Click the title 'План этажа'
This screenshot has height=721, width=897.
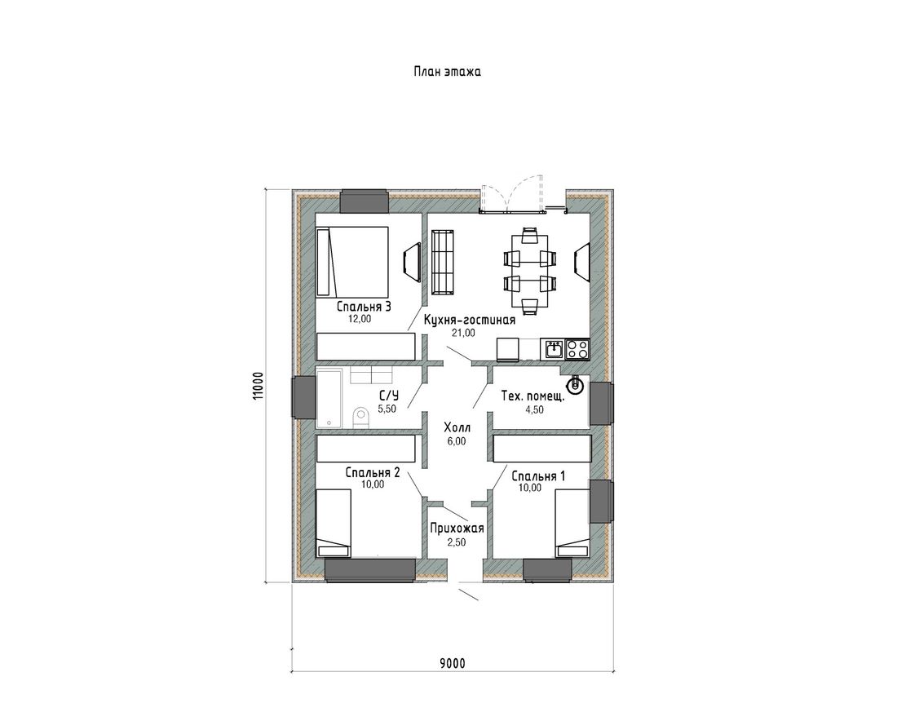point(447,72)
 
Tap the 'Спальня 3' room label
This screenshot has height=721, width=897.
point(364,307)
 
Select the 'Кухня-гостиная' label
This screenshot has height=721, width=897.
point(469,321)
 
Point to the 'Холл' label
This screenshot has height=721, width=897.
point(457,427)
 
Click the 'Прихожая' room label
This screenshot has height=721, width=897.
point(457,529)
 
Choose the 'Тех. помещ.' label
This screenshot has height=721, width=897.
point(533,396)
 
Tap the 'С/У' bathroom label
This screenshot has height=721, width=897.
point(388,396)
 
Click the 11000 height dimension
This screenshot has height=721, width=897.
point(258,387)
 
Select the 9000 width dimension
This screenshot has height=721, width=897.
point(453,663)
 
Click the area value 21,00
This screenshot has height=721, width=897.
point(463,333)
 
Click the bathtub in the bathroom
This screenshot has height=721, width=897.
point(329,398)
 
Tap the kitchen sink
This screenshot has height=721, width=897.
point(553,349)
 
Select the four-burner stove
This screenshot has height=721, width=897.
point(577,349)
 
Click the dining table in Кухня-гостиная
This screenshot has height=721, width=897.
point(530,271)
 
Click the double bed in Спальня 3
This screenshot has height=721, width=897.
point(352,262)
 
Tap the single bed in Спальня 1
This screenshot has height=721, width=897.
point(572,523)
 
